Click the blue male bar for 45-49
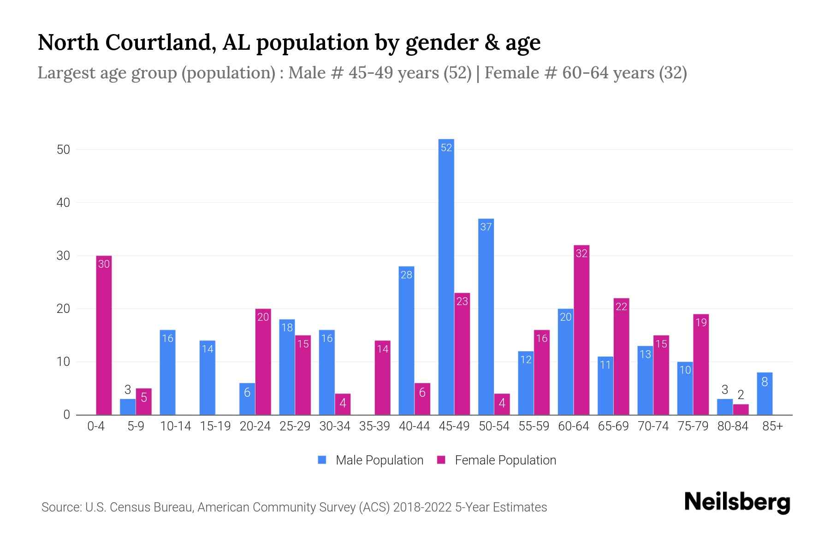(x=446, y=276)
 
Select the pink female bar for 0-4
(x=104, y=335)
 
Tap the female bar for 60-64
(x=581, y=330)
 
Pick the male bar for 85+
(x=764, y=394)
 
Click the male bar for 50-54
(x=486, y=317)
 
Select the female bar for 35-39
(x=382, y=377)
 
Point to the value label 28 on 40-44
(x=406, y=275)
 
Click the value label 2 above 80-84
(x=741, y=395)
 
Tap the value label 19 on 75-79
(x=700, y=323)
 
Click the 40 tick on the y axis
(x=63, y=203)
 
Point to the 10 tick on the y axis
(x=63, y=362)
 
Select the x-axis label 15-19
(x=215, y=426)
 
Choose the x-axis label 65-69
(x=613, y=426)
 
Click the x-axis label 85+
(x=772, y=426)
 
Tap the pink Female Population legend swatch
(x=441, y=460)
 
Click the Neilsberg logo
(x=737, y=502)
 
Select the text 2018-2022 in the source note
(x=422, y=507)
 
